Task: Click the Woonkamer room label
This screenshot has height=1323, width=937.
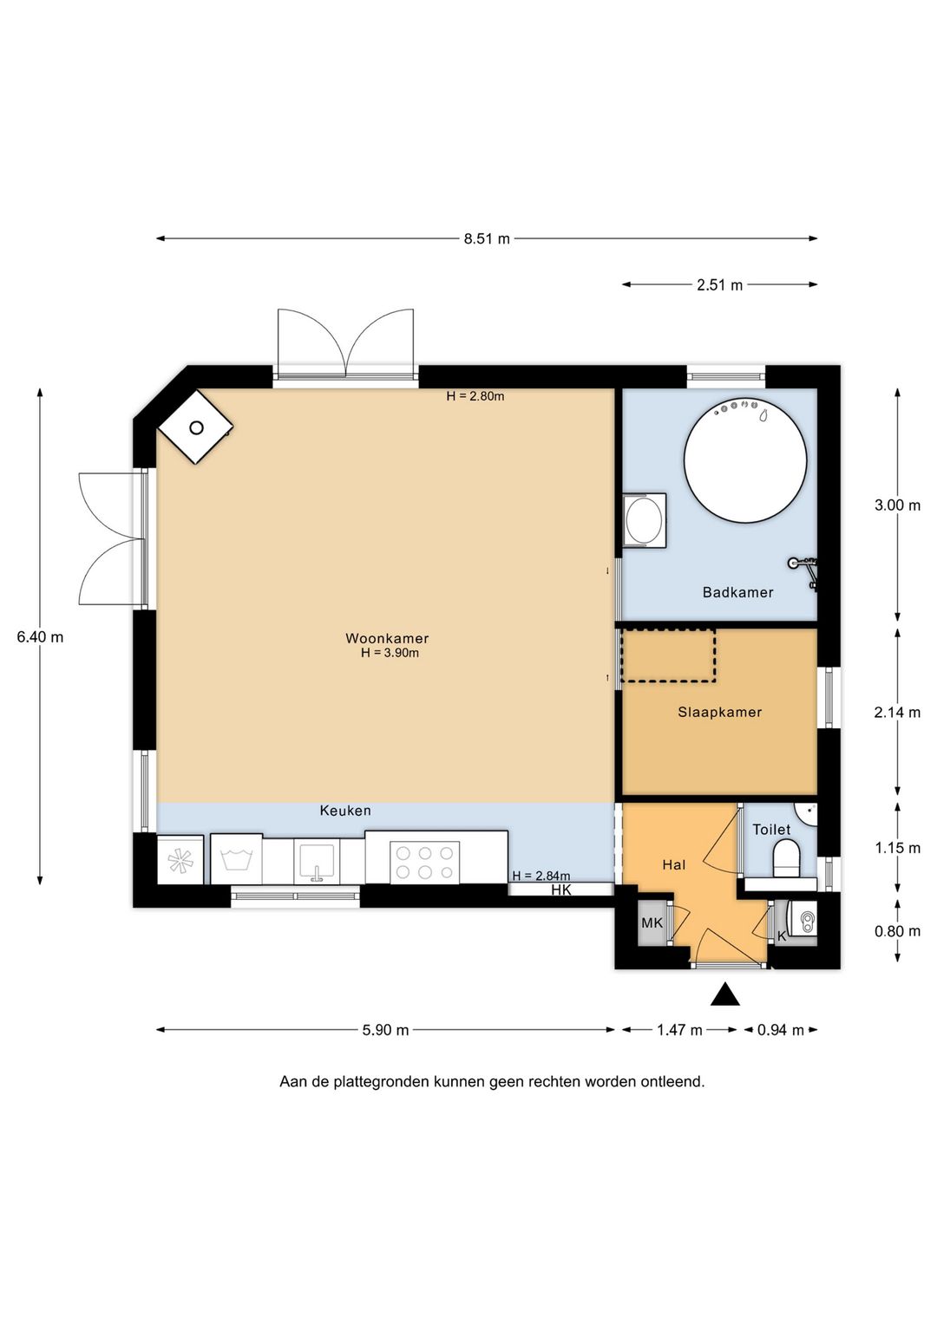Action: [x=387, y=638]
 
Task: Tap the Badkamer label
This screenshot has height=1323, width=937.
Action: [x=737, y=592]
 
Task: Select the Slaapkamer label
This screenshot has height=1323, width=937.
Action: [x=719, y=712]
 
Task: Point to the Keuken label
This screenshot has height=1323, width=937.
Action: [x=345, y=811]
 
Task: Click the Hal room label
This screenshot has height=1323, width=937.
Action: [x=673, y=864]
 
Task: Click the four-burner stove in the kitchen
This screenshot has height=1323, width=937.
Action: [x=424, y=863]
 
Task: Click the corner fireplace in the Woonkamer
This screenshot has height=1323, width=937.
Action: [x=196, y=427]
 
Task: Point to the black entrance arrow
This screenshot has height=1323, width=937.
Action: [x=724, y=994]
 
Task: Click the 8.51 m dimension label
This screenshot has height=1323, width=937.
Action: [x=487, y=238]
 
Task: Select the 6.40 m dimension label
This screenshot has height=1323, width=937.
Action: [x=40, y=636]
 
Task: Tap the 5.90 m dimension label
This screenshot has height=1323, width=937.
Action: [x=385, y=1030]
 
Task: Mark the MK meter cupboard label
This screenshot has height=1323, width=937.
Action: [x=652, y=922]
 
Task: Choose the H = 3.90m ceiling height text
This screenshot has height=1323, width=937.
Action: [x=390, y=653]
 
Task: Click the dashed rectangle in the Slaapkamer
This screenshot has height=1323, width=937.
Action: [x=667, y=655]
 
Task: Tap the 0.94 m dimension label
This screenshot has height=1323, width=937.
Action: [x=780, y=1030]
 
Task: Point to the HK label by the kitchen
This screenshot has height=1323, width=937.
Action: [x=561, y=890]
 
